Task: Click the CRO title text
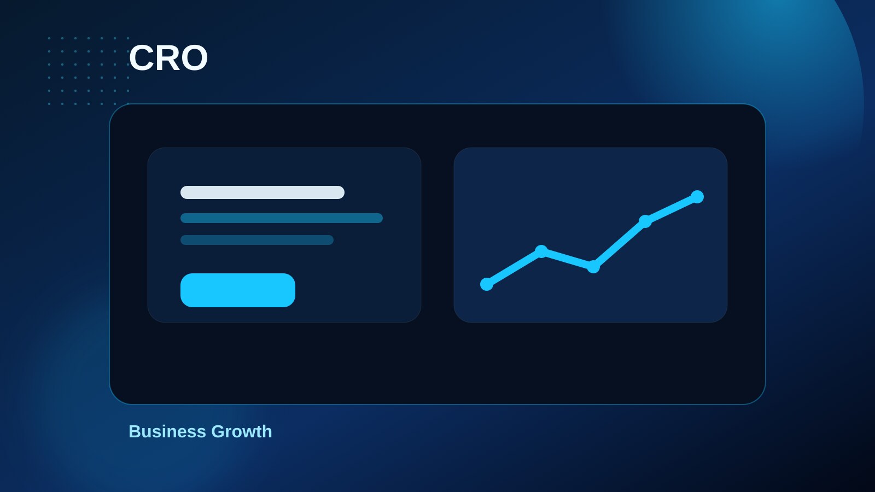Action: coord(168,58)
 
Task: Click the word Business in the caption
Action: coord(167,431)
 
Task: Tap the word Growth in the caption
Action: coord(241,431)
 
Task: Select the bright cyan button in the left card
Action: coord(238,290)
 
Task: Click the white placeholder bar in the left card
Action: coord(262,192)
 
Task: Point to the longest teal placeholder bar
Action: coord(282,218)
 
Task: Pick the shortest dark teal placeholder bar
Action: coord(257,240)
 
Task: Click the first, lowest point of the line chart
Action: coord(487,284)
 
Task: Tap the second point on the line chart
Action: coord(541,251)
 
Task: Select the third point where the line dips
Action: coord(593,267)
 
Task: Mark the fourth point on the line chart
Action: coord(645,221)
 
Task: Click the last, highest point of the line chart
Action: coord(697,197)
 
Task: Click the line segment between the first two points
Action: coord(514,268)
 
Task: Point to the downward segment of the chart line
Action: coord(567,259)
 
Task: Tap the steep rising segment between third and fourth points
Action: coord(619,244)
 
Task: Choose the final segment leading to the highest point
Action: coord(671,209)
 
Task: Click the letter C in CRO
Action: coord(141,58)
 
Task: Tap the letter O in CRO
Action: coord(194,58)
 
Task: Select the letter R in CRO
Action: coord(167,58)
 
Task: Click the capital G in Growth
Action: coord(218,431)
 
